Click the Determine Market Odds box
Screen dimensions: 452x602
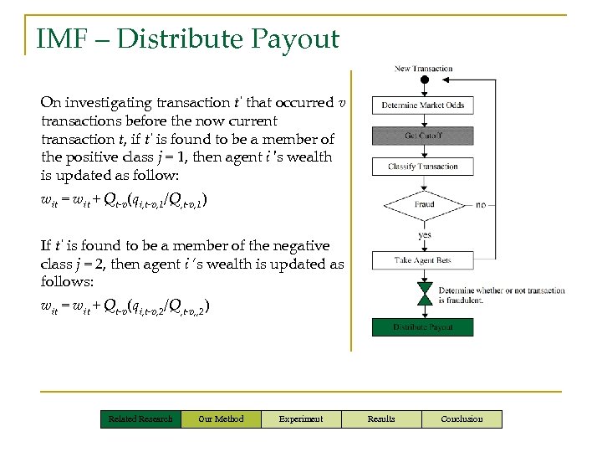pyautogui.click(x=423, y=105)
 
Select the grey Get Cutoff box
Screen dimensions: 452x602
pyautogui.click(x=423, y=136)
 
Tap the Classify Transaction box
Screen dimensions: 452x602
pyautogui.click(x=423, y=167)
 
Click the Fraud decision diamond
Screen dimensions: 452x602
pyautogui.click(x=424, y=204)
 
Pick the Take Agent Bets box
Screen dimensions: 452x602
pyautogui.click(x=423, y=260)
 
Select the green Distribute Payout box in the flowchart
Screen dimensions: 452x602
pyautogui.click(x=423, y=326)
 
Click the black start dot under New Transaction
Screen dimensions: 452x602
pyautogui.click(x=424, y=80)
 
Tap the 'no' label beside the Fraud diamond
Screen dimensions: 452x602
pyautogui.click(x=480, y=204)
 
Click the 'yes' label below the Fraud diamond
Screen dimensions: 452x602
pyautogui.click(x=425, y=235)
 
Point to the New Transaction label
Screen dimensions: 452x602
pyautogui.click(x=424, y=69)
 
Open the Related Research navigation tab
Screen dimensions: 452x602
pyautogui.click(x=140, y=419)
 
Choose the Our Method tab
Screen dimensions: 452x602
pyautogui.click(x=221, y=419)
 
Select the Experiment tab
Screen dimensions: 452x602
pyautogui.click(x=301, y=419)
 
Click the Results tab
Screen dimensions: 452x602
pyautogui.click(x=381, y=419)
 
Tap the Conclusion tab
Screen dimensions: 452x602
pyautogui.click(x=462, y=419)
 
